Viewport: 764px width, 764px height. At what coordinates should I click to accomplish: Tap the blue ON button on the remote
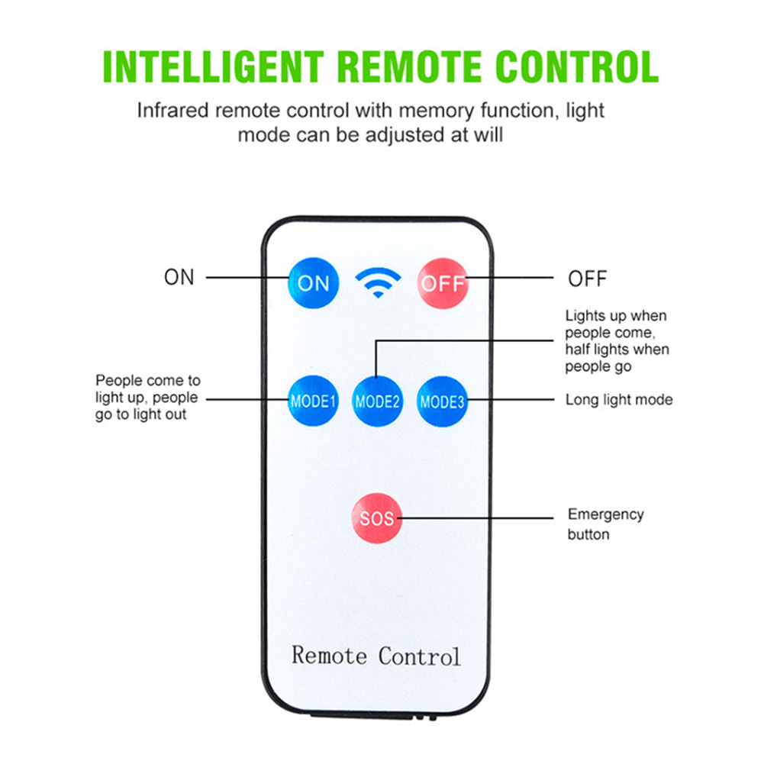pyautogui.click(x=313, y=282)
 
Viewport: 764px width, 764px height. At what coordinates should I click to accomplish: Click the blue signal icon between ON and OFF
pyautogui.click(x=377, y=282)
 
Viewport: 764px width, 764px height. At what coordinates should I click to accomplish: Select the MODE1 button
pyautogui.click(x=313, y=400)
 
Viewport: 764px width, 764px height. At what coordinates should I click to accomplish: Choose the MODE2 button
pyautogui.click(x=377, y=400)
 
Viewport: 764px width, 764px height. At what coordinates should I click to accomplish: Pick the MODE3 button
pyautogui.click(x=442, y=400)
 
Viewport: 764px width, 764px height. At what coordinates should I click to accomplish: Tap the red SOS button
pyautogui.click(x=377, y=518)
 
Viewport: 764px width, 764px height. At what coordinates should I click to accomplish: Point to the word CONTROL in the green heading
pyautogui.click(x=576, y=66)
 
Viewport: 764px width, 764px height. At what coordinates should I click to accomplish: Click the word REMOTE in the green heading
pyautogui.click(x=409, y=66)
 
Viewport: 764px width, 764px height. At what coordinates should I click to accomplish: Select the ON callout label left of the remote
pyautogui.click(x=179, y=277)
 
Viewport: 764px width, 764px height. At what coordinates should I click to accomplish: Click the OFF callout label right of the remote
pyautogui.click(x=587, y=279)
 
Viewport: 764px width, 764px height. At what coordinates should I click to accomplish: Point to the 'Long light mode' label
pyautogui.click(x=618, y=399)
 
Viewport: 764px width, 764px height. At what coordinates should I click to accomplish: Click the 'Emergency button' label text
pyautogui.click(x=605, y=524)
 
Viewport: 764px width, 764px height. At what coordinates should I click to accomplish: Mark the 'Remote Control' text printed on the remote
pyautogui.click(x=376, y=655)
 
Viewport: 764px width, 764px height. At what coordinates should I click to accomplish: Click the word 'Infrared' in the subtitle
pyautogui.click(x=172, y=111)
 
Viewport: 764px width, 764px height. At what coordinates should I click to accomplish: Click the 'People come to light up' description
pyautogui.click(x=147, y=397)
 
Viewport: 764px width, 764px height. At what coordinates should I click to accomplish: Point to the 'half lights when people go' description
pyautogui.click(x=617, y=357)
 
